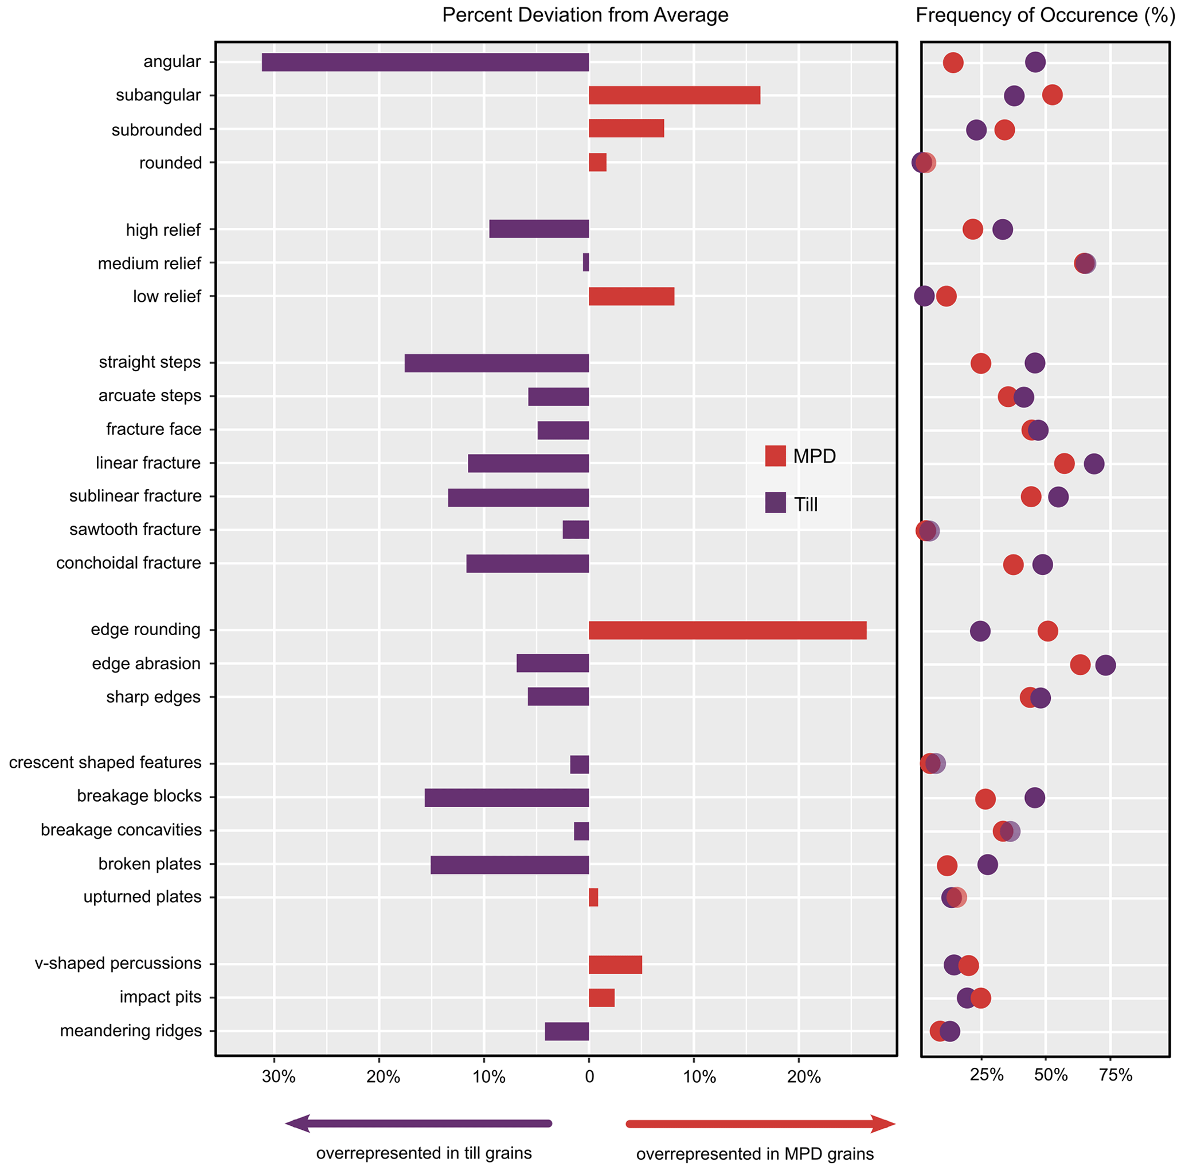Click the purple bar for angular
click(425, 62)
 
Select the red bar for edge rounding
click(728, 631)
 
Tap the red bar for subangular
click(674, 95)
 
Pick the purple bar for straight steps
click(496, 363)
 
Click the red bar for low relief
click(631, 297)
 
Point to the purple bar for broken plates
click(509, 864)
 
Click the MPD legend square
click(775, 456)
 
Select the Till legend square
click(775, 503)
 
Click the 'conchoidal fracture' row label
click(128, 563)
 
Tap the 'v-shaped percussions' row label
click(118, 963)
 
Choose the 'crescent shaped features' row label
click(105, 763)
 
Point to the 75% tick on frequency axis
click(1115, 1074)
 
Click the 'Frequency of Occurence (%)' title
click(1045, 15)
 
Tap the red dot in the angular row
click(953, 62)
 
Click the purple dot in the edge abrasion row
click(1105, 665)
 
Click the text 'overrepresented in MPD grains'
click(754, 1155)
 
